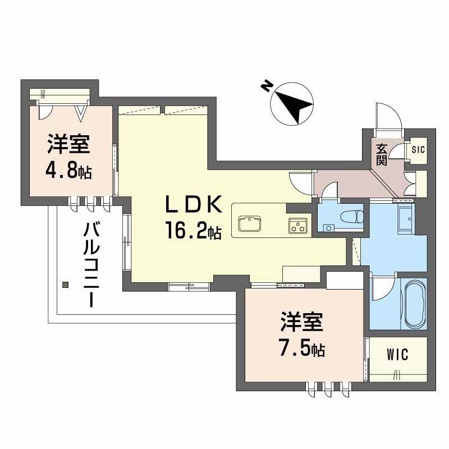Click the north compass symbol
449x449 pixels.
point(292,104)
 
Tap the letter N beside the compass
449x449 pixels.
point(266,86)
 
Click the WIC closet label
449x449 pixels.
point(397,355)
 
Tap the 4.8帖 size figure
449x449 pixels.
point(69,169)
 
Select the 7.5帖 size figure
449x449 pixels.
point(301,349)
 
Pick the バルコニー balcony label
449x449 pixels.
point(91,264)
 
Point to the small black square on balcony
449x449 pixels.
point(65,285)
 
